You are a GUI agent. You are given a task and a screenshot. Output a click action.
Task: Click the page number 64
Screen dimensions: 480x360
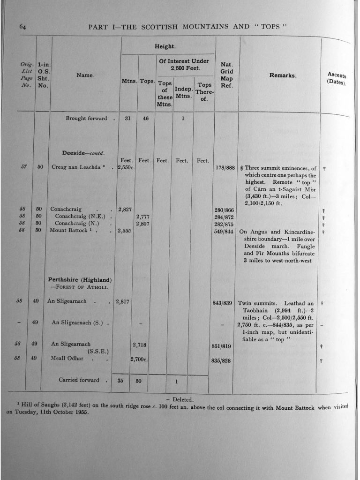point(22,27)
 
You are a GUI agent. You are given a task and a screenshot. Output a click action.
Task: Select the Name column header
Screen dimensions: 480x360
point(85,75)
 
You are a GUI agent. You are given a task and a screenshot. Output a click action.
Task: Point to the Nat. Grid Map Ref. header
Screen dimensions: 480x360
point(226,75)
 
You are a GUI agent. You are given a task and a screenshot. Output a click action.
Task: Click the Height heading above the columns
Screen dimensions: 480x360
point(165,46)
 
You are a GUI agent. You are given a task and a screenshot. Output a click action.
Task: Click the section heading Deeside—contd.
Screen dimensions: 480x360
point(83,153)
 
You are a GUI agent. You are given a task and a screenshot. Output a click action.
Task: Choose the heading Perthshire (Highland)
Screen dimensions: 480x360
point(79,280)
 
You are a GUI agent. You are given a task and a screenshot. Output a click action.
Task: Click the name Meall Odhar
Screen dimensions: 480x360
point(67,358)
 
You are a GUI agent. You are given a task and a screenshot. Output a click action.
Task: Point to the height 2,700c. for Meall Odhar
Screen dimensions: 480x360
point(139,360)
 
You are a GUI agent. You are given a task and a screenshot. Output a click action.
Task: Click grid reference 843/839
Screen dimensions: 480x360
point(223,303)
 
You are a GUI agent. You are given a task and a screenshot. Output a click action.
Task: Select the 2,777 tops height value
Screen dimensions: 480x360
point(142,216)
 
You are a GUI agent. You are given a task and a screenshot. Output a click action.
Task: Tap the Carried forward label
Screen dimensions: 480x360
point(79,380)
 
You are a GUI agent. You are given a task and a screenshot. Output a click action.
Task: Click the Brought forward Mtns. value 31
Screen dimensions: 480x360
point(127,119)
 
